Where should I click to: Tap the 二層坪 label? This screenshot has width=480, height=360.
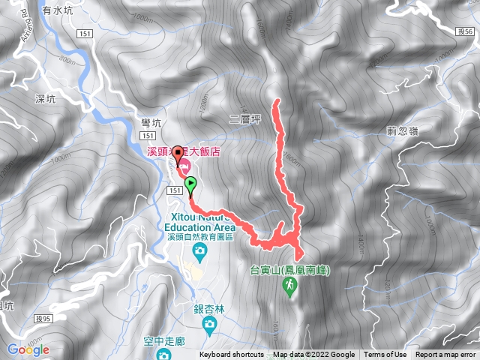coord(244,118)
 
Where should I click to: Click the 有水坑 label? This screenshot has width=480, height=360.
coord(58,10)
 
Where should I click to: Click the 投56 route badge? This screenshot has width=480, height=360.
coord(464,32)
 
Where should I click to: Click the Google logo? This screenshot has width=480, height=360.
coord(28,349)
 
